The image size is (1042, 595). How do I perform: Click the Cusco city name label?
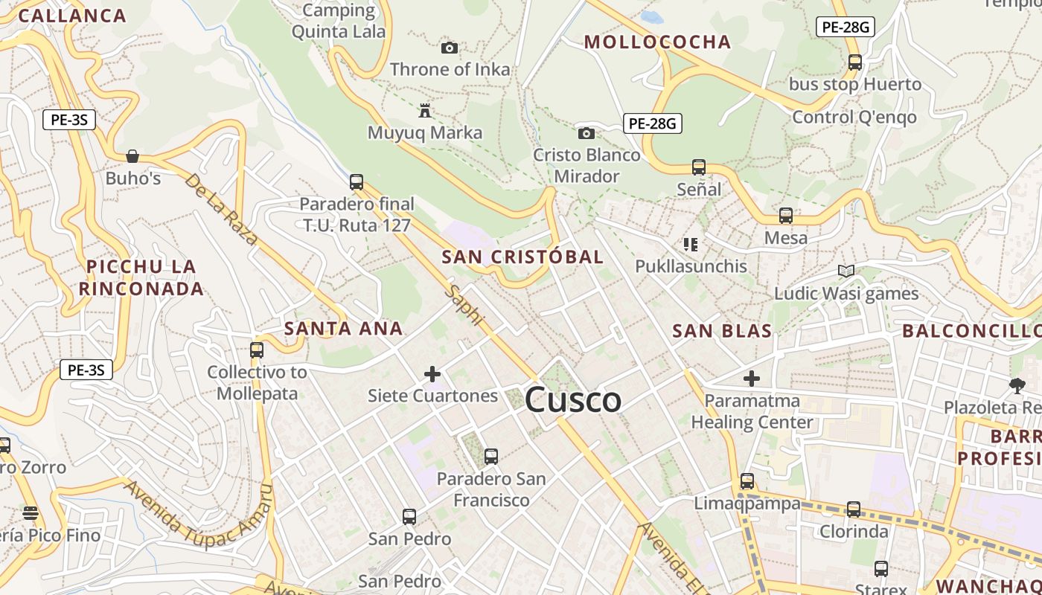(x=573, y=401)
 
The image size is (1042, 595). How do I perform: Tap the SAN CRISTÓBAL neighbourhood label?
(x=522, y=257)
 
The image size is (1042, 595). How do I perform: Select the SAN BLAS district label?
(x=722, y=331)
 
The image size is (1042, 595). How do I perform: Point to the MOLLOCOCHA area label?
(x=658, y=42)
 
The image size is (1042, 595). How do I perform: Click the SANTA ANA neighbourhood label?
(x=344, y=328)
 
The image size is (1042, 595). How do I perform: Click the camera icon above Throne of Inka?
(x=450, y=48)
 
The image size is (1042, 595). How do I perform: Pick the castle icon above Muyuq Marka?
(x=425, y=112)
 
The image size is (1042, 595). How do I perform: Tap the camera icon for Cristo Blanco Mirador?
(x=586, y=134)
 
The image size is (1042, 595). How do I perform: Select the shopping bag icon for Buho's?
(x=132, y=156)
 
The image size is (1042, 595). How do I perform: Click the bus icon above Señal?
(x=698, y=167)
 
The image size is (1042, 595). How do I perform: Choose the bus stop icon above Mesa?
(x=786, y=216)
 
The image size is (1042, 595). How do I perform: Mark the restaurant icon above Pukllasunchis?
(x=690, y=244)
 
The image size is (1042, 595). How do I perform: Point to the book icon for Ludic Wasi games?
(x=846, y=271)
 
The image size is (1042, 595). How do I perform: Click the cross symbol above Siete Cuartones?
(x=432, y=373)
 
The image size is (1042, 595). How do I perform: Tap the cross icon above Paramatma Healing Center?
(x=752, y=379)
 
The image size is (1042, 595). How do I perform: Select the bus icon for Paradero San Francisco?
(x=490, y=457)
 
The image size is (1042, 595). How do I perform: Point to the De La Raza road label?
(x=221, y=209)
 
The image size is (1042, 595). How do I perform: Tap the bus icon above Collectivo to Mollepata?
(x=257, y=350)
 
